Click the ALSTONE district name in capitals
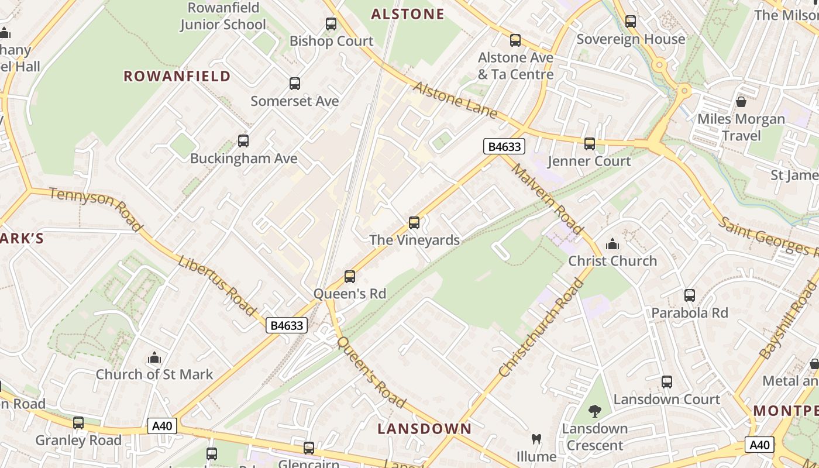pos(408,15)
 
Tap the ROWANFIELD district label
pos(177,76)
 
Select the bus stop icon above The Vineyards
pos(414,223)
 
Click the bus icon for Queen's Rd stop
pos(350,277)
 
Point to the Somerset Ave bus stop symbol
pos(295,84)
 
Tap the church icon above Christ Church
pos(612,243)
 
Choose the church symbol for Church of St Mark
pos(154,357)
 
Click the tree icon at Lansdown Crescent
pos(595,411)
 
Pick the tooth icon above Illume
pos(536,439)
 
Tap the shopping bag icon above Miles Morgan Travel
pos(741,102)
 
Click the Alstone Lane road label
pos(455,100)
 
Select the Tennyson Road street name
pos(96,209)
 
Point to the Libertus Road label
pos(218,285)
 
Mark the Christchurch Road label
pos(542,328)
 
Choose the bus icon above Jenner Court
pos(590,143)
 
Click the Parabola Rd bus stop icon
pos(690,295)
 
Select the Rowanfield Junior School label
pos(223,16)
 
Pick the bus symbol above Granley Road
pos(78,423)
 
